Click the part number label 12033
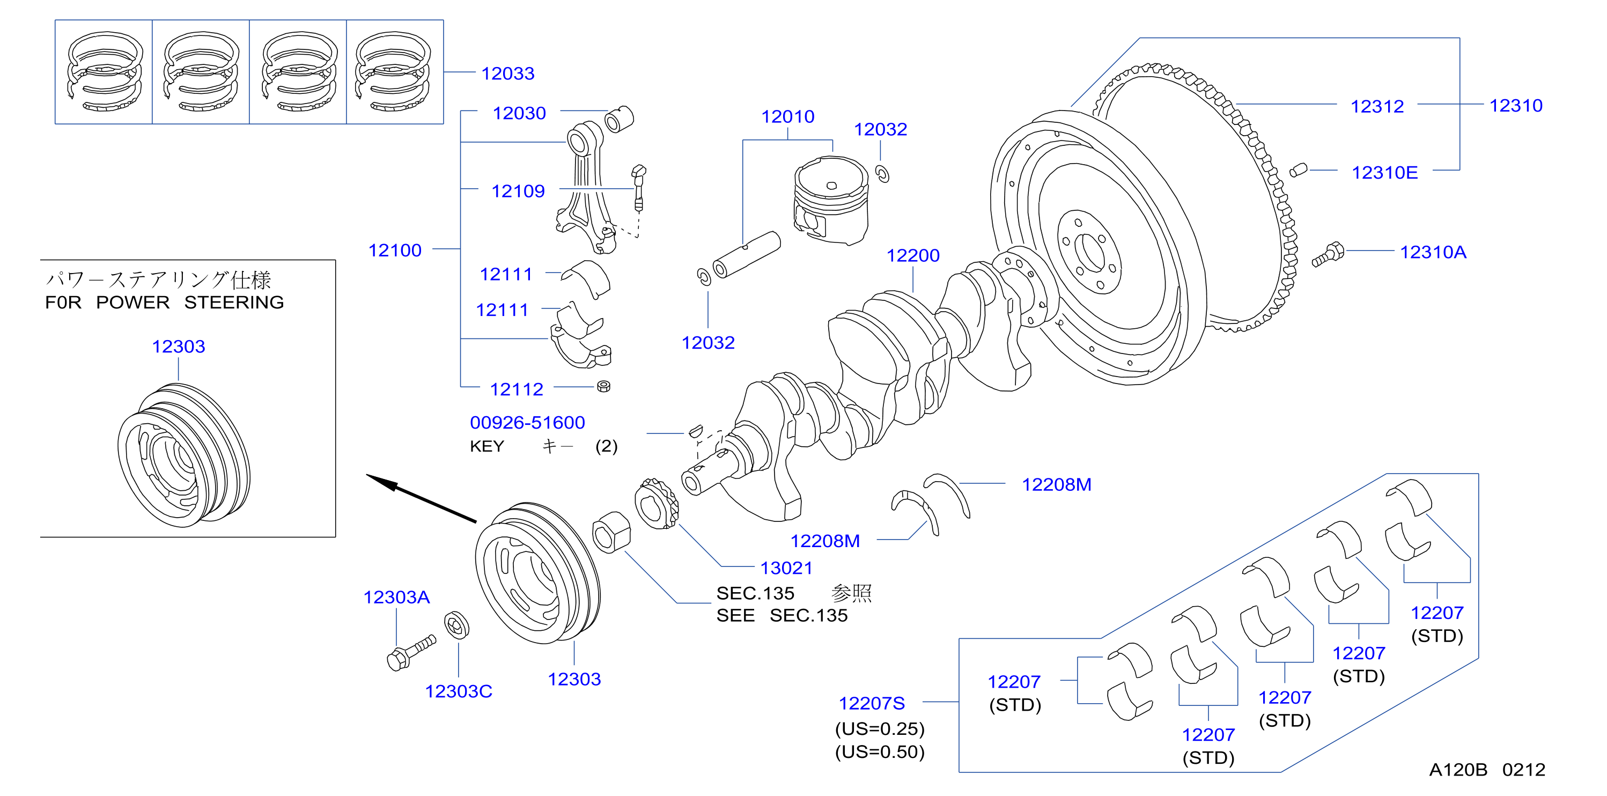pos(508,73)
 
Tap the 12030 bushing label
pos(519,113)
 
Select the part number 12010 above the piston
pos(787,116)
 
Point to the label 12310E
pos(1384,172)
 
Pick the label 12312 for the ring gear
pos(1377,106)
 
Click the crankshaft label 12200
pos(913,255)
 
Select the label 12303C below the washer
pos(459,691)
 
